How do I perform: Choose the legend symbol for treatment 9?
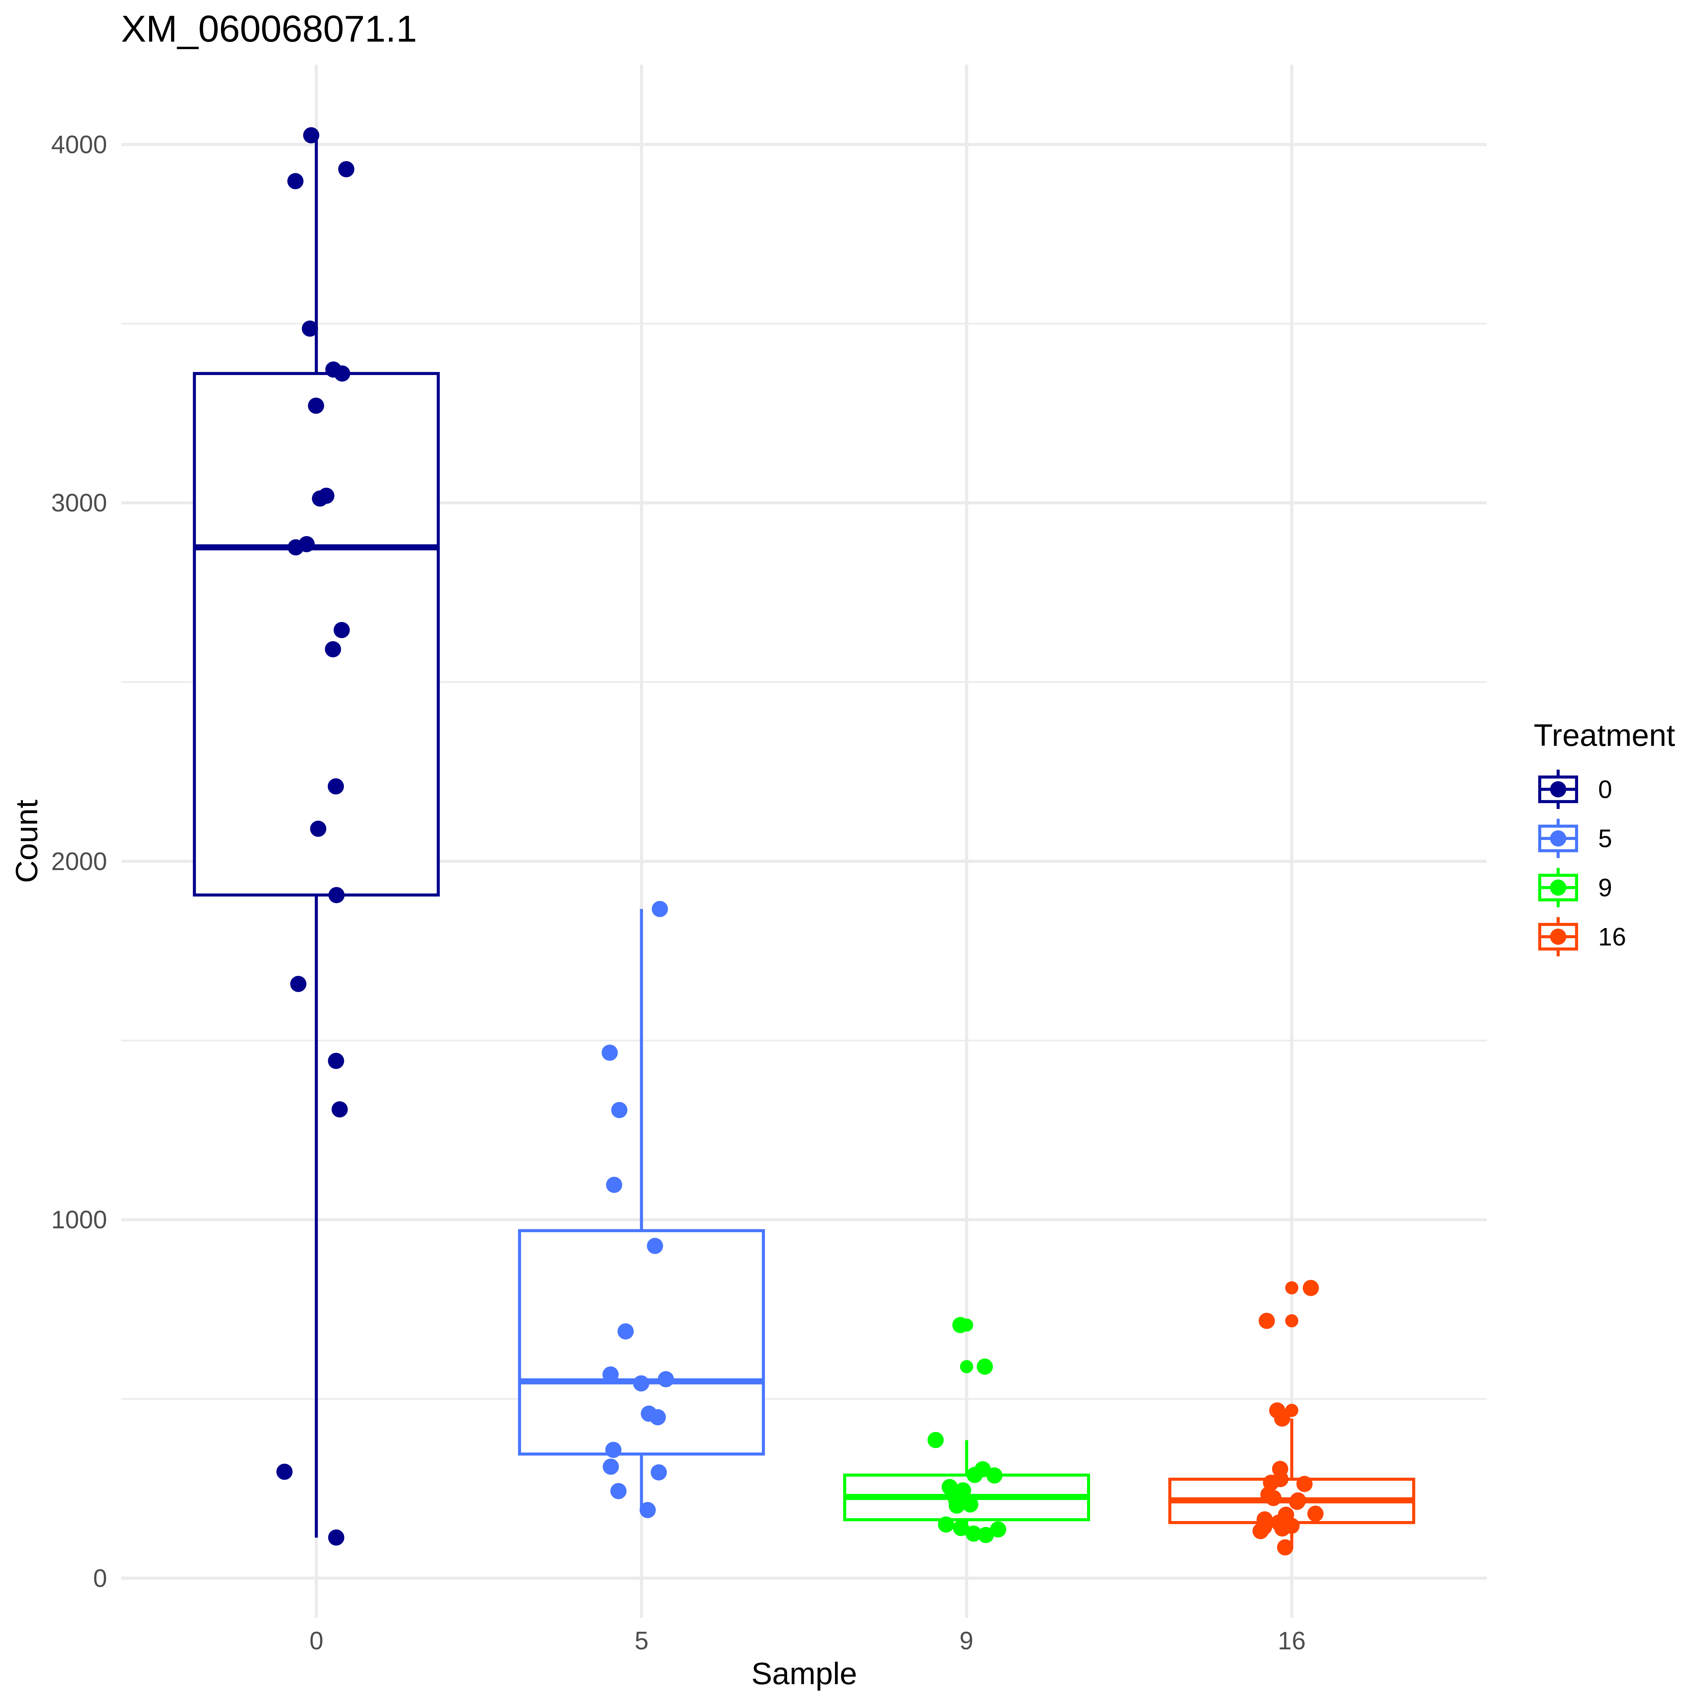[1558, 887]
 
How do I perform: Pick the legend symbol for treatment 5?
[1558, 838]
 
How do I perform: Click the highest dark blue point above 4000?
[311, 135]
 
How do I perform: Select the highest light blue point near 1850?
[660, 909]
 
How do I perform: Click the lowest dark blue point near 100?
[335, 1537]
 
